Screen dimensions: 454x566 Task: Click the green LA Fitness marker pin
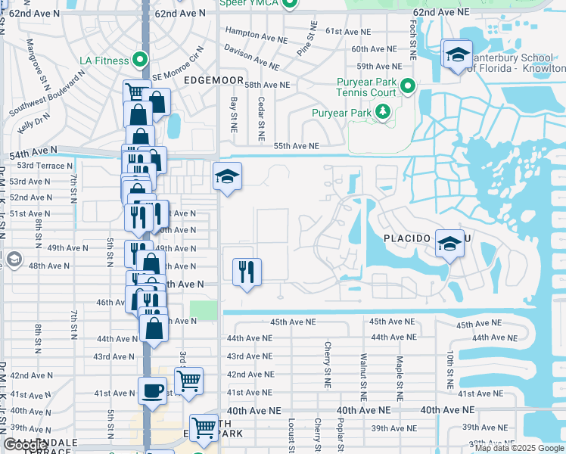(138, 58)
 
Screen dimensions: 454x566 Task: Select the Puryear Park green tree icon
(383, 113)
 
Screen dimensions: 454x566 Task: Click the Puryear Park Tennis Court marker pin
(408, 86)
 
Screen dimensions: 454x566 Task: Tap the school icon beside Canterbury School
(457, 54)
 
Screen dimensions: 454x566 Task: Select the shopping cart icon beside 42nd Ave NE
(188, 380)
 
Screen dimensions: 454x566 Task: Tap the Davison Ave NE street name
(251, 57)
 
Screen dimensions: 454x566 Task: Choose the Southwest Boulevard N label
(47, 94)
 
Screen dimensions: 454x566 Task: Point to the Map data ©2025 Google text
(518, 448)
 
